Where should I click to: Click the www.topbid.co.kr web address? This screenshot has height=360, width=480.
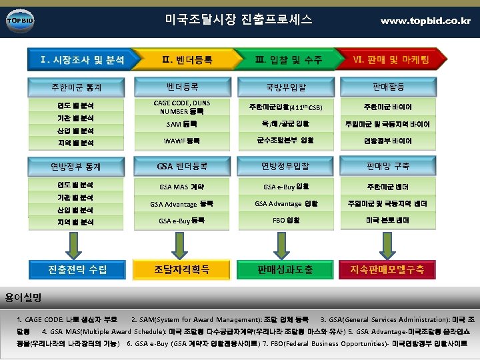click(x=425, y=21)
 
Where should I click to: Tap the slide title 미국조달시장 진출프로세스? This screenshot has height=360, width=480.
click(x=238, y=19)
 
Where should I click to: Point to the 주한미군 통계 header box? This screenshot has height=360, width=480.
click(x=76, y=87)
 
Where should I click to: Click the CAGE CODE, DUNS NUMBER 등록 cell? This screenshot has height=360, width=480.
click(x=182, y=107)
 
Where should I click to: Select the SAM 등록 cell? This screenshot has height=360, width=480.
click(x=182, y=124)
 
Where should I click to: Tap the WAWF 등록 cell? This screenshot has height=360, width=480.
click(x=182, y=141)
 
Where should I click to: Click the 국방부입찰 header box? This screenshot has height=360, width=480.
click(x=287, y=87)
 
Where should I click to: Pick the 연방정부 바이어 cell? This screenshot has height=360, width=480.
click(x=387, y=141)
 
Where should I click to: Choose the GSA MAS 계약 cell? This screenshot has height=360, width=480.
click(x=182, y=187)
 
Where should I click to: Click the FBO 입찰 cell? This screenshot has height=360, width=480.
click(x=287, y=220)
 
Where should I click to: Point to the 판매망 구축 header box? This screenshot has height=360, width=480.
click(x=387, y=165)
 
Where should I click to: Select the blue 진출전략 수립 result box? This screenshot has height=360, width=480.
click(x=77, y=269)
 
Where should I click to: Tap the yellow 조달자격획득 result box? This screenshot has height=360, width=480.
click(x=182, y=269)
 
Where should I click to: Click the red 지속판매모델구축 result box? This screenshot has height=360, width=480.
click(x=387, y=269)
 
